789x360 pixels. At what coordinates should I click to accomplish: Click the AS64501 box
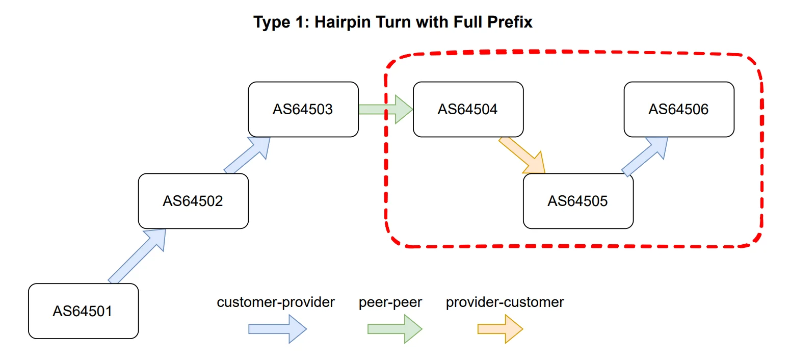pos(83,311)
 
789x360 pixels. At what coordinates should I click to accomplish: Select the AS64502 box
pos(193,201)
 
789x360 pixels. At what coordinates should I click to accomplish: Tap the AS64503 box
pos(303,110)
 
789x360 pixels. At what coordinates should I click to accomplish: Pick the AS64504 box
pos(468,110)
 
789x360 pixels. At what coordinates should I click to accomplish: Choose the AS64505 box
pos(578,201)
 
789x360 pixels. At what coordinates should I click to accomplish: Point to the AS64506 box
pos(679,110)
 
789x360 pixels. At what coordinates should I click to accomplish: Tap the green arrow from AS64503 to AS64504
pos(385,109)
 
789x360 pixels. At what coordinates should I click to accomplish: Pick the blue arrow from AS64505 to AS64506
pos(644,156)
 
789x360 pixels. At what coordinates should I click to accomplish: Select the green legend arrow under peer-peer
pos(395,329)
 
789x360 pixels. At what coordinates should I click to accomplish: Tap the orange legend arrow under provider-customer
pos(500,329)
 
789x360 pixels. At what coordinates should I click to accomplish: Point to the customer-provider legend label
pos(276,302)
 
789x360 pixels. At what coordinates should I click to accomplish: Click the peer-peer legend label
pos(390,302)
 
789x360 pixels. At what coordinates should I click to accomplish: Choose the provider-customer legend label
pos(505,302)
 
